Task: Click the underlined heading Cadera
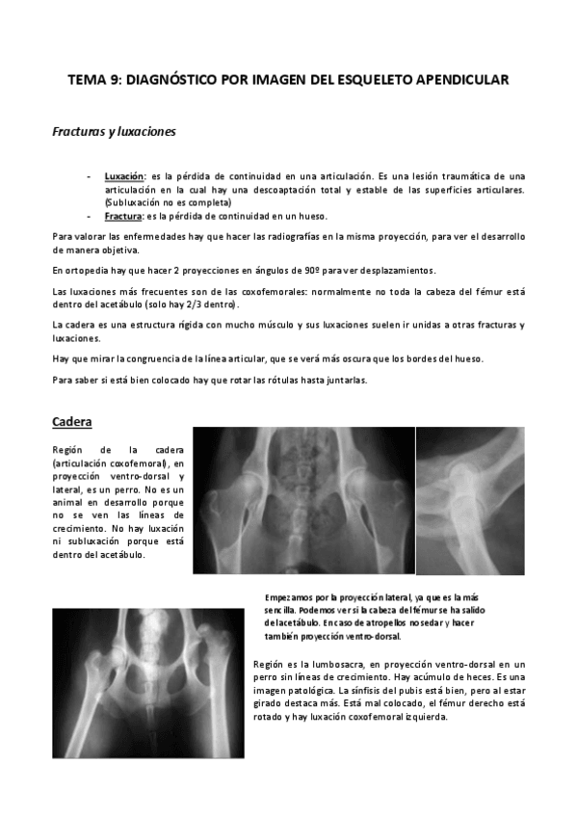pyautogui.click(x=71, y=422)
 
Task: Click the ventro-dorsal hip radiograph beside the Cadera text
pyautogui.click(x=302, y=500)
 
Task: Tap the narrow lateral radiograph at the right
pyautogui.click(x=469, y=500)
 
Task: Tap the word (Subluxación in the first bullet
pyautogui.click(x=132, y=203)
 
